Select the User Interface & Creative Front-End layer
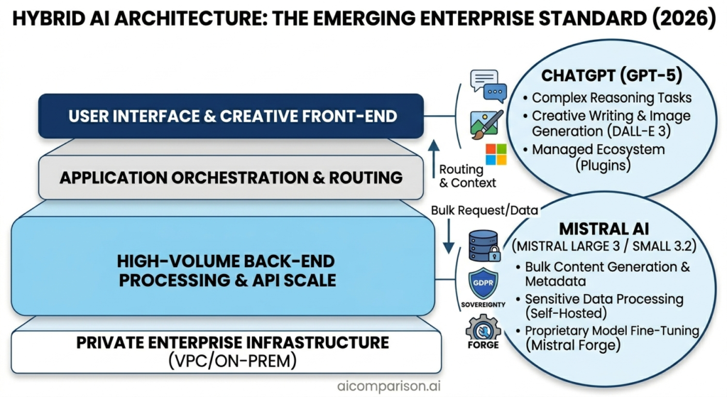coord(232,116)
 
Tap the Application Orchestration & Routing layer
coord(231,177)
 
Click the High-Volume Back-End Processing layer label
coord(226,271)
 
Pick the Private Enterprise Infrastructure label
coord(232,343)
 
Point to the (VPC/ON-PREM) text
coord(232,361)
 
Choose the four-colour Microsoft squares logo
coord(496,154)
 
